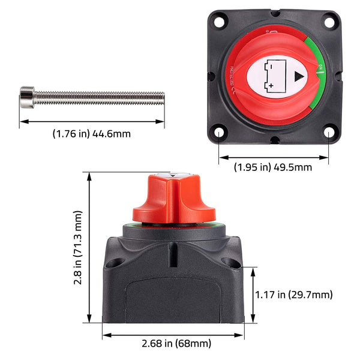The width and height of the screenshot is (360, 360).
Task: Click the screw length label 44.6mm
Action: (x=91, y=133)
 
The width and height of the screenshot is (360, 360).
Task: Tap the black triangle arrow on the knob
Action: (x=298, y=76)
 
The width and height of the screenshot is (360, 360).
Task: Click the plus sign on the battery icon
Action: (x=271, y=85)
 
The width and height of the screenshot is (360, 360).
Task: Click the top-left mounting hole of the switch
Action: (x=220, y=20)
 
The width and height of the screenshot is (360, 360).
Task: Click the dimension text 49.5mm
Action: (x=273, y=167)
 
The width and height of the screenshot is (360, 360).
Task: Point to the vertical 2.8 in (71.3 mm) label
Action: (x=78, y=247)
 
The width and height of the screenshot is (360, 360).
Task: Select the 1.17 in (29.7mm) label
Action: (x=294, y=294)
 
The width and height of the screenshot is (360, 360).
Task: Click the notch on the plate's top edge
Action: (x=274, y=11)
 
